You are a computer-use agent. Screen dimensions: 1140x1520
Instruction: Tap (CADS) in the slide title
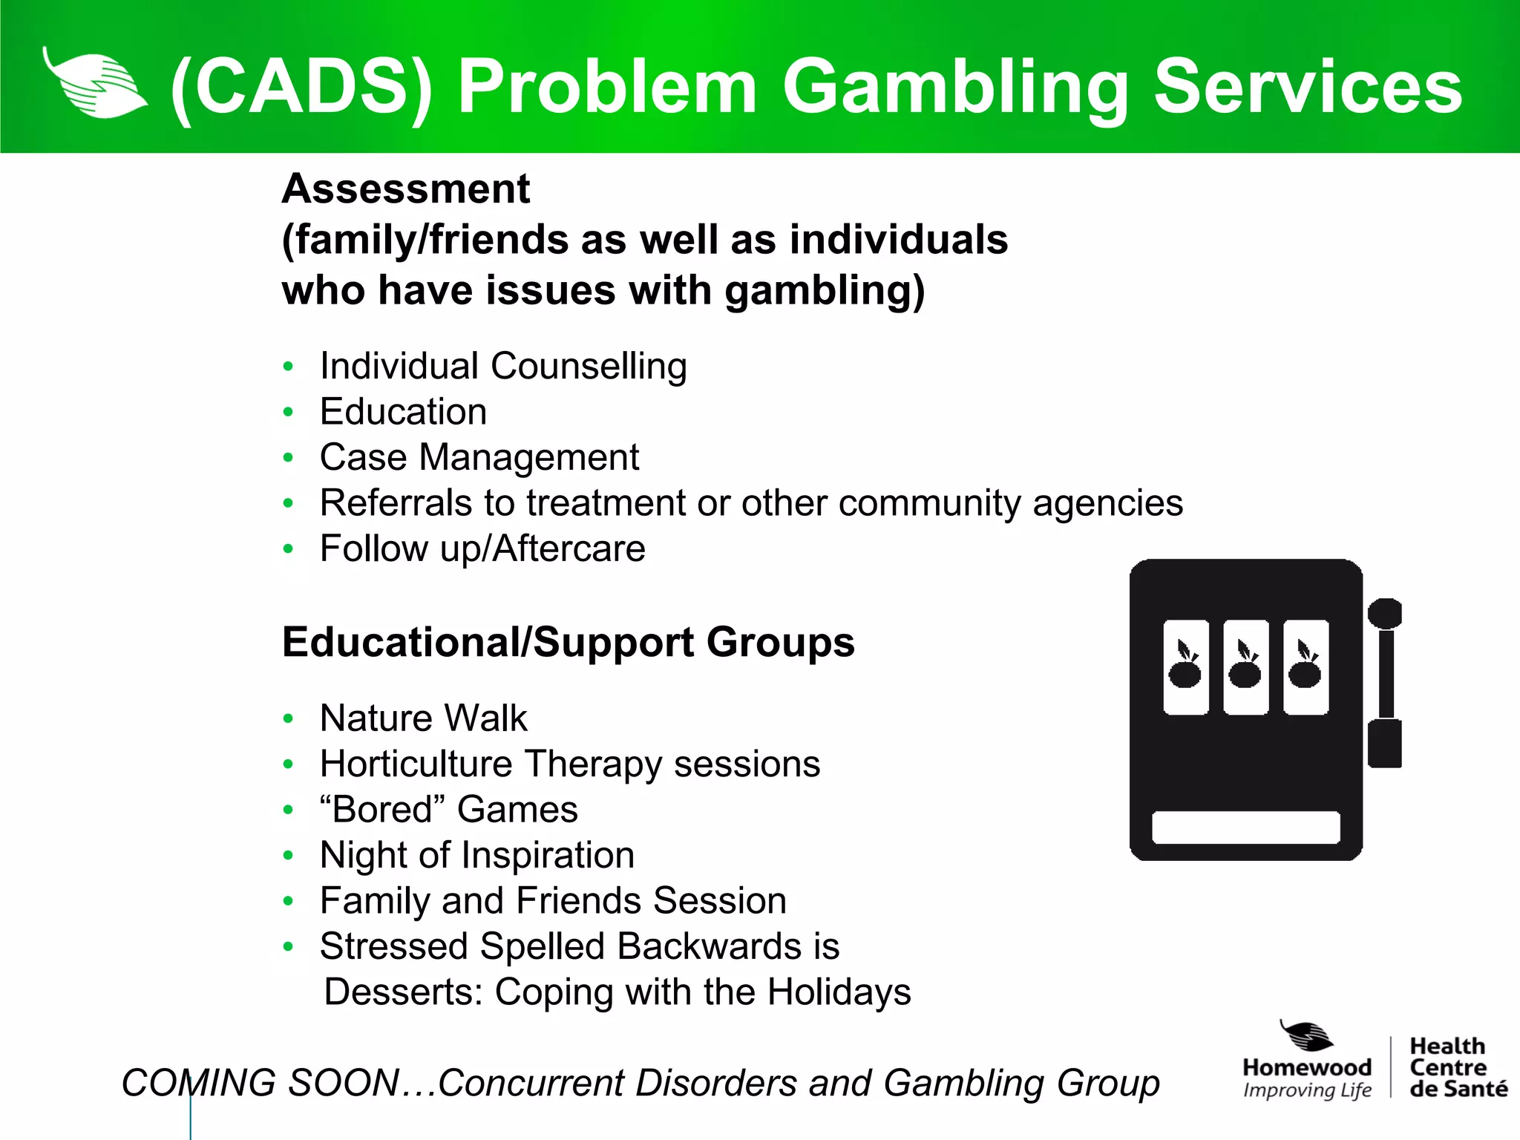pyautogui.click(x=301, y=88)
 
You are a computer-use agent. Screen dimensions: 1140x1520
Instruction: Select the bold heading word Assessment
pyautogui.click(x=406, y=189)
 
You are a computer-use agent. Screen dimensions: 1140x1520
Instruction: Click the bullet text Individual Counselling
pyautogui.click(x=503, y=366)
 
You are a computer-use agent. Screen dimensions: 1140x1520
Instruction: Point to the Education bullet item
pyautogui.click(x=403, y=412)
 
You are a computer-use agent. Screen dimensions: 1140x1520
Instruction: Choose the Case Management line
pyautogui.click(x=479, y=457)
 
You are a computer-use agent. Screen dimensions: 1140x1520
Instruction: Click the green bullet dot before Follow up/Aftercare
pyautogui.click(x=289, y=549)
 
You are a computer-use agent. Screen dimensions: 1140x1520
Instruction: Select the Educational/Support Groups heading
pyautogui.click(x=568, y=642)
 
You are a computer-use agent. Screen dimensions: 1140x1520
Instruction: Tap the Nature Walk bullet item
pyautogui.click(x=423, y=718)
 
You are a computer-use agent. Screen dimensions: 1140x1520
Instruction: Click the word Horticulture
pyautogui.click(x=416, y=764)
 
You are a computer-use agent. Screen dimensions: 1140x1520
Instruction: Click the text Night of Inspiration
pyautogui.click(x=477, y=855)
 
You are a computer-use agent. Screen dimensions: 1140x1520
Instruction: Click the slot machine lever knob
pyautogui.click(x=1384, y=614)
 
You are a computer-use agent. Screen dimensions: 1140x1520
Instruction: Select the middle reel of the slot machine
pyautogui.click(x=1245, y=666)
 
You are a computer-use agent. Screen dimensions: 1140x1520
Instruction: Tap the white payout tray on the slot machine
pyautogui.click(x=1245, y=828)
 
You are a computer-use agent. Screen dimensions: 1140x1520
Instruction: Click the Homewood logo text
pyautogui.click(x=1306, y=1067)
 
